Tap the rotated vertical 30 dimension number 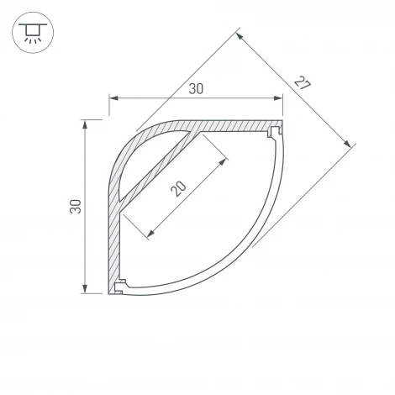click(76, 208)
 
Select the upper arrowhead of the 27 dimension click(240, 36)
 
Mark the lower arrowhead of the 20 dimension click(150, 234)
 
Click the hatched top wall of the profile click(235, 125)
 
